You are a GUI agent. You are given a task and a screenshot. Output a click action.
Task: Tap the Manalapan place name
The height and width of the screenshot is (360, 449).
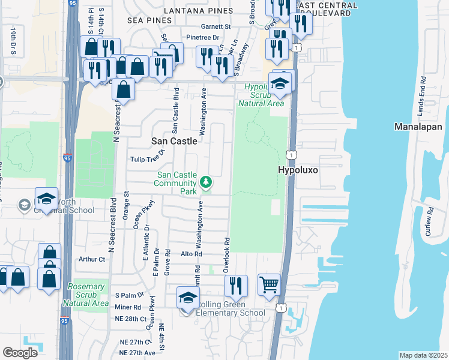click(x=418, y=127)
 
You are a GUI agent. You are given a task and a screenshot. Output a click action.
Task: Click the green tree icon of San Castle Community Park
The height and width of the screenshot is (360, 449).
click(x=206, y=181)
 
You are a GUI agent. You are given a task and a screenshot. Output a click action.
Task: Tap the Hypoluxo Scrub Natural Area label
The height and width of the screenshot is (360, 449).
click(x=262, y=95)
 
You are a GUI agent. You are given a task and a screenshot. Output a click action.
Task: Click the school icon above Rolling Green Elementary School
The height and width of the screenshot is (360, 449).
click(x=188, y=297)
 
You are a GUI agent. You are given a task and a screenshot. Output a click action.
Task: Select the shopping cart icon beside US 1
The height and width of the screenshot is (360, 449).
click(x=269, y=284)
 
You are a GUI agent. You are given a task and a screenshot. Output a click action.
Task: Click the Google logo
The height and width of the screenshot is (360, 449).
click(x=20, y=352)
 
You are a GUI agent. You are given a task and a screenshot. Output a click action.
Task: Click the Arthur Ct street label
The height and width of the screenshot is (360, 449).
click(x=92, y=259)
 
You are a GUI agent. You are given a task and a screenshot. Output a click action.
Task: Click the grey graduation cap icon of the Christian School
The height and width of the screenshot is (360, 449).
click(x=25, y=205)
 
